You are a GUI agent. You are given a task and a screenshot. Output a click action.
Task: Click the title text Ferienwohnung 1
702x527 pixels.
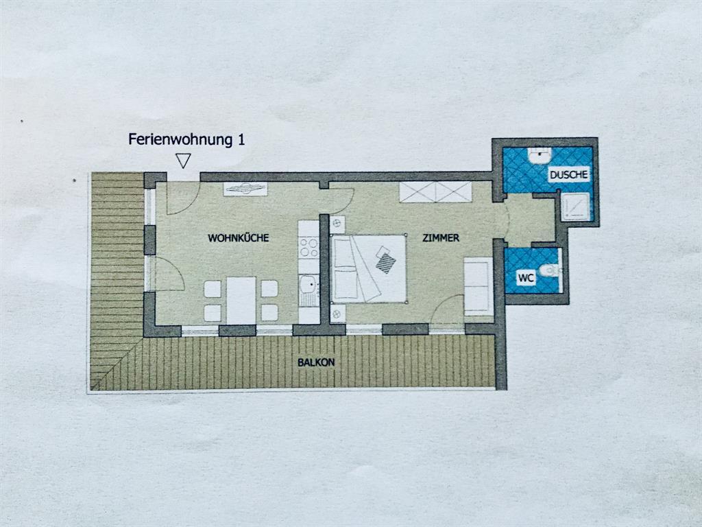(x=186, y=139)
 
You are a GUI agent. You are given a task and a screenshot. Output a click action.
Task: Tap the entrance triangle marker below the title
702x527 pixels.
(x=183, y=161)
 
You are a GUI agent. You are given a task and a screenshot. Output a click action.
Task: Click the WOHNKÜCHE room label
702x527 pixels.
(x=238, y=238)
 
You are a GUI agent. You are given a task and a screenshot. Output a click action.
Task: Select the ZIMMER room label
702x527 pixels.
(x=441, y=238)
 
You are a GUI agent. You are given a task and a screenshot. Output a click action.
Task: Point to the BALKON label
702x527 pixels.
(x=316, y=362)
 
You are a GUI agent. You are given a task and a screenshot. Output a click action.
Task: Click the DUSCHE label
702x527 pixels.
(x=568, y=175)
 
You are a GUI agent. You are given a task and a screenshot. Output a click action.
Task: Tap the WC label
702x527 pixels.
(x=526, y=278)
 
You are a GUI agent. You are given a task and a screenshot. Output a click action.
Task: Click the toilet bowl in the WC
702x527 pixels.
(x=550, y=270)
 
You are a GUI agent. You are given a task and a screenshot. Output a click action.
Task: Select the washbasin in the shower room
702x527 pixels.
(x=540, y=155)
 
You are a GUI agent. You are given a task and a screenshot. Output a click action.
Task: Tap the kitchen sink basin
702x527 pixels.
(x=308, y=284)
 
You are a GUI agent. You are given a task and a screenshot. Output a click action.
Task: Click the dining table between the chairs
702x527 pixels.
(x=241, y=301)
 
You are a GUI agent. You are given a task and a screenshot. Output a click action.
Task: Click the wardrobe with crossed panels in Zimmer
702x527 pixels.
(x=435, y=192)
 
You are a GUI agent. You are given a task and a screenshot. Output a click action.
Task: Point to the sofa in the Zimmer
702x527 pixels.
(x=478, y=286)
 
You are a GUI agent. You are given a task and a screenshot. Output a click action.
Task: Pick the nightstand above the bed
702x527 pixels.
(x=337, y=224)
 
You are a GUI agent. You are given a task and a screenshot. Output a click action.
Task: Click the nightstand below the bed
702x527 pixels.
(x=337, y=314)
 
